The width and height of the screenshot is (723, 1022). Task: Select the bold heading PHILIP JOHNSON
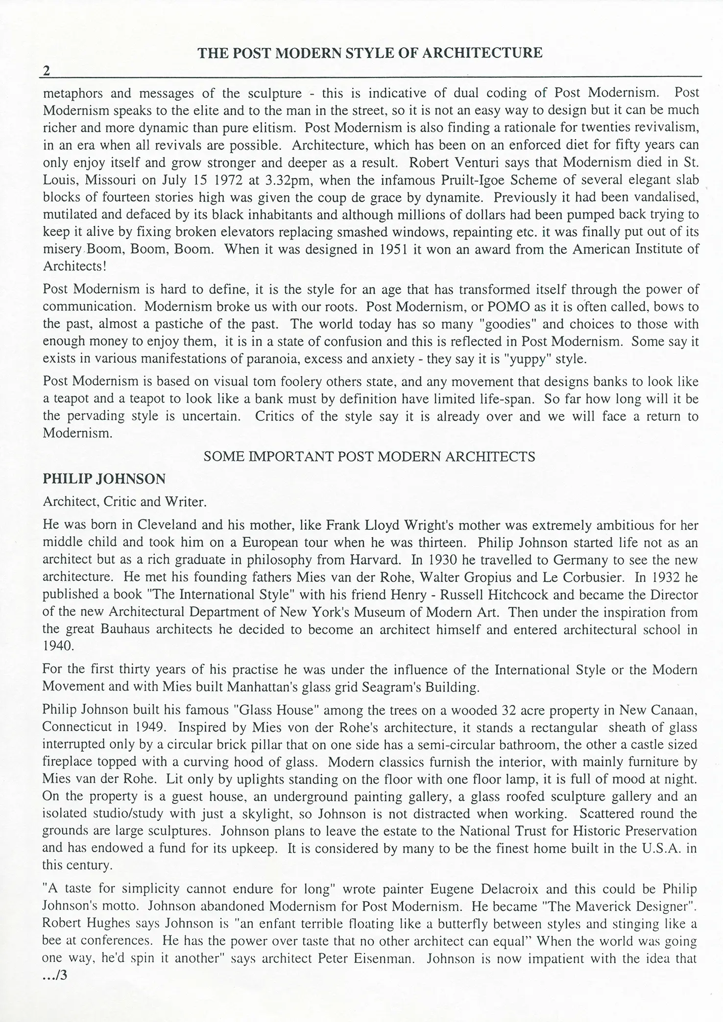click(104, 479)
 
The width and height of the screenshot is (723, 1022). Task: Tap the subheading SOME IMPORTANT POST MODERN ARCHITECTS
click(369, 457)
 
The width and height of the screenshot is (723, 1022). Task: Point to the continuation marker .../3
click(54, 976)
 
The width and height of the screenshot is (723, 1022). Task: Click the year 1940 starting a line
click(58, 646)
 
